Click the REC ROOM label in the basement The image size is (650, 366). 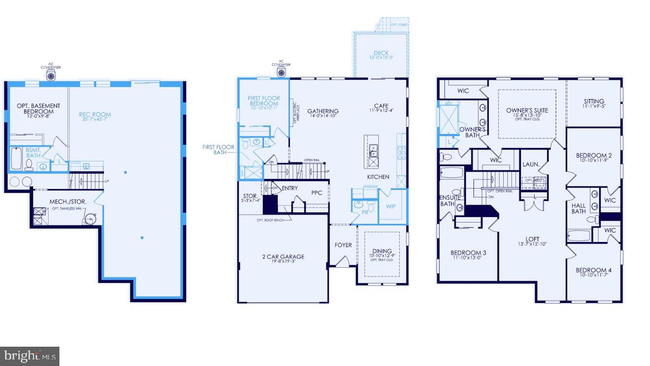tap(95, 114)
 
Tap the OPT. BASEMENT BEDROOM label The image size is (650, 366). tap(38, 109)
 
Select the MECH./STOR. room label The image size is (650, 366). tap(68, 202)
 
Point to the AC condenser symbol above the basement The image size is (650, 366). tap(51, 75)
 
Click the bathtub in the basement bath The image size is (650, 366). tap(16, 159)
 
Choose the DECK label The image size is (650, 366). tap(381, 53)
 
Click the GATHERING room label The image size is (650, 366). tap(322, 111)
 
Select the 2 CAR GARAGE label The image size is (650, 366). tap(283, 257)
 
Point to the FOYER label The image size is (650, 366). tap(343, 245)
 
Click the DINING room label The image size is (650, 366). tap(382, 251)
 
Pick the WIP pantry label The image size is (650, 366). tap(391, 206)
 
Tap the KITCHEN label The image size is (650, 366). tap(378, 177)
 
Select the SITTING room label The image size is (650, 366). tap(594, 101)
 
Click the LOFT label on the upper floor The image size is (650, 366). tap(532, 239)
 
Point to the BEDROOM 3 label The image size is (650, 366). tap(468, 253)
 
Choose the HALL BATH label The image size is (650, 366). tap(578, 208)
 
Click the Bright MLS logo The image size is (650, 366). tap(29, 355)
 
